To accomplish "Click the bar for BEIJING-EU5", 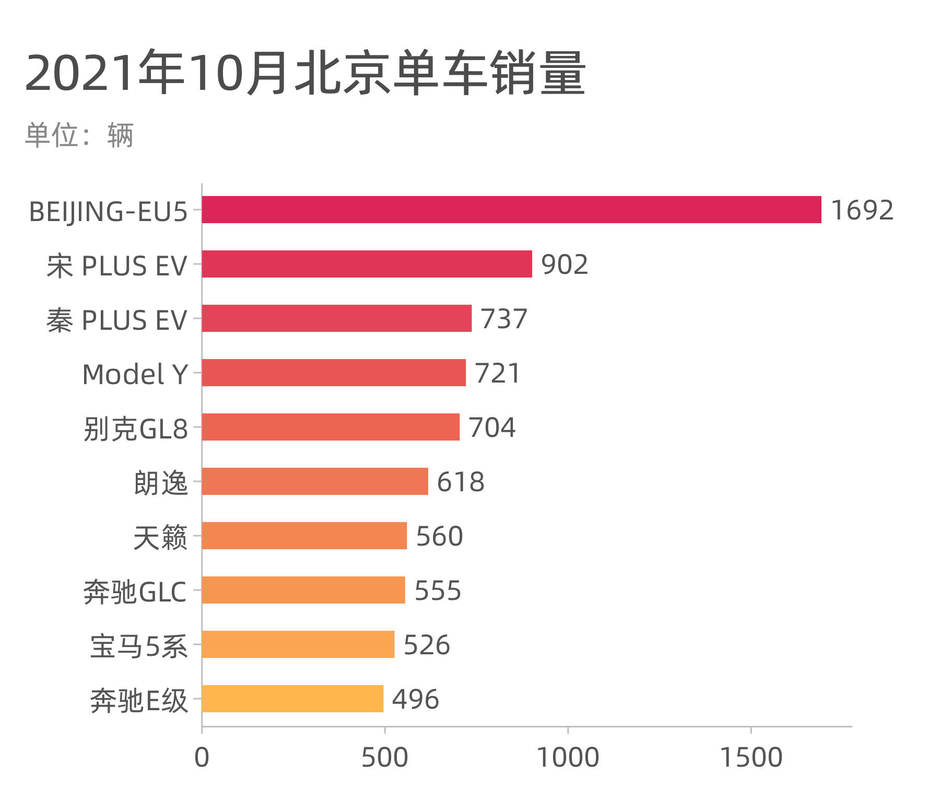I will click(x=511, y=210).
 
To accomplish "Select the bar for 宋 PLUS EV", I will click(x=367, y=264).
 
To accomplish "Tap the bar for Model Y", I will click(x=334, y=373).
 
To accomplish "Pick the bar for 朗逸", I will click(x=315, y=481).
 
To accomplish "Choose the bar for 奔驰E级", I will click(x=292, y=699).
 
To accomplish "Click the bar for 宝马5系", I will click(x=298, y=644).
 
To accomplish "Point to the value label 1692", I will click(x=862, y=210).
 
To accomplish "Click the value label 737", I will click(x=504, y=319).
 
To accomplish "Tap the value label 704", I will click(x=492, y=427).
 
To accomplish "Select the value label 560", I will click(x=439, y=536).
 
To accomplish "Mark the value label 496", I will click(x=415, y=699).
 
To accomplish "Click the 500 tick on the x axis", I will click(x=385, y=758).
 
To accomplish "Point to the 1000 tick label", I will click(x=568, y=758).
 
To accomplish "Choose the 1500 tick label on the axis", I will click(x=751, y=758).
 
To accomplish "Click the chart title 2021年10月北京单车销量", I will click(x=305, y=73).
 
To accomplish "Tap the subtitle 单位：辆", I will click(x=79, y=135).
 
